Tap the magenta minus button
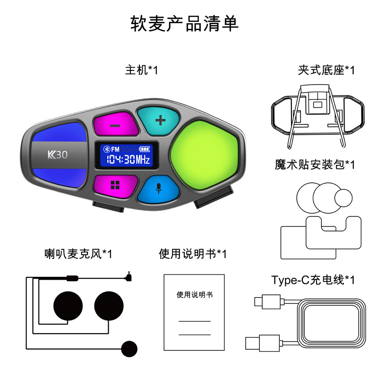pos(115,126)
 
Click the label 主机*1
pos(141,71)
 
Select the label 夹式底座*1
pos(326,71)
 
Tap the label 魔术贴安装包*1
pos(315,164)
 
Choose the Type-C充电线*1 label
pos(313,280)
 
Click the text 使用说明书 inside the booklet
pos(195,295)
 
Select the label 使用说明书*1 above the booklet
pos(193,254)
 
